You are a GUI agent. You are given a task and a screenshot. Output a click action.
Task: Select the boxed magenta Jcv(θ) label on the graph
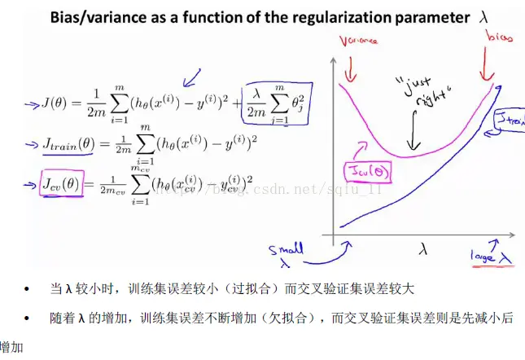pos(370,169)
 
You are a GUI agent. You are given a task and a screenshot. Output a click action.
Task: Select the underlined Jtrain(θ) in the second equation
pos(70,145)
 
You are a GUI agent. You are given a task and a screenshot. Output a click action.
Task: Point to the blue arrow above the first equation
pos(192,79)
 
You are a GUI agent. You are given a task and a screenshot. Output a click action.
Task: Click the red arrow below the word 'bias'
pos(491,65)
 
